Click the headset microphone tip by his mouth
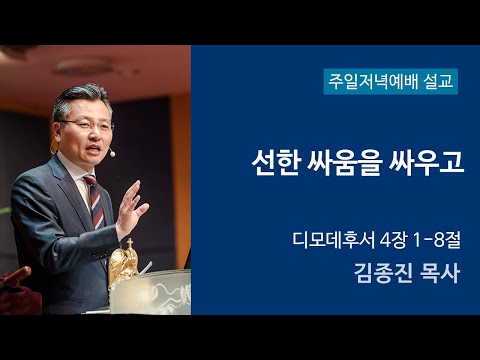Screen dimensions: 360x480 tap(112, 155)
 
